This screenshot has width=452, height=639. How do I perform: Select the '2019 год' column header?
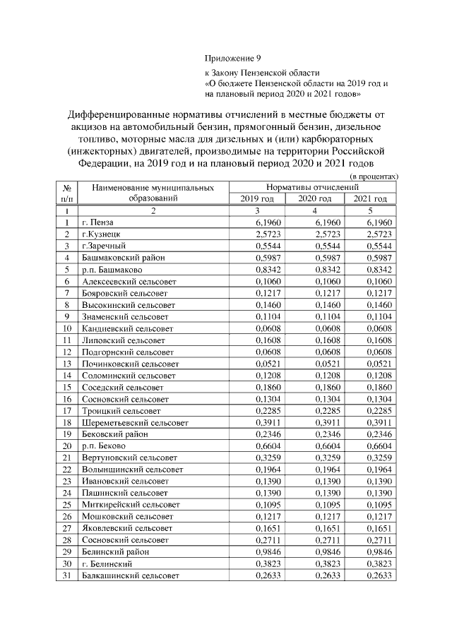click(258, 199)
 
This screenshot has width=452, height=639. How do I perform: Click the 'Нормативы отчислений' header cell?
click(314, 187)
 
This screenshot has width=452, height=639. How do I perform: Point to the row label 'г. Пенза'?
click(98, 223)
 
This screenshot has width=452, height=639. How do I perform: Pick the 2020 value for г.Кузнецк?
click(314, 234)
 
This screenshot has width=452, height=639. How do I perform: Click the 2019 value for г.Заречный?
click(258, 246)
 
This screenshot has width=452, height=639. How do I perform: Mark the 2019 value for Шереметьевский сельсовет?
click(258, 422)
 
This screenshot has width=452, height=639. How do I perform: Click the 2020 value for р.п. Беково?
click(314, 446)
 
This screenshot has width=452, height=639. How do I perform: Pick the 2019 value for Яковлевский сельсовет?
click(258, 528)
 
